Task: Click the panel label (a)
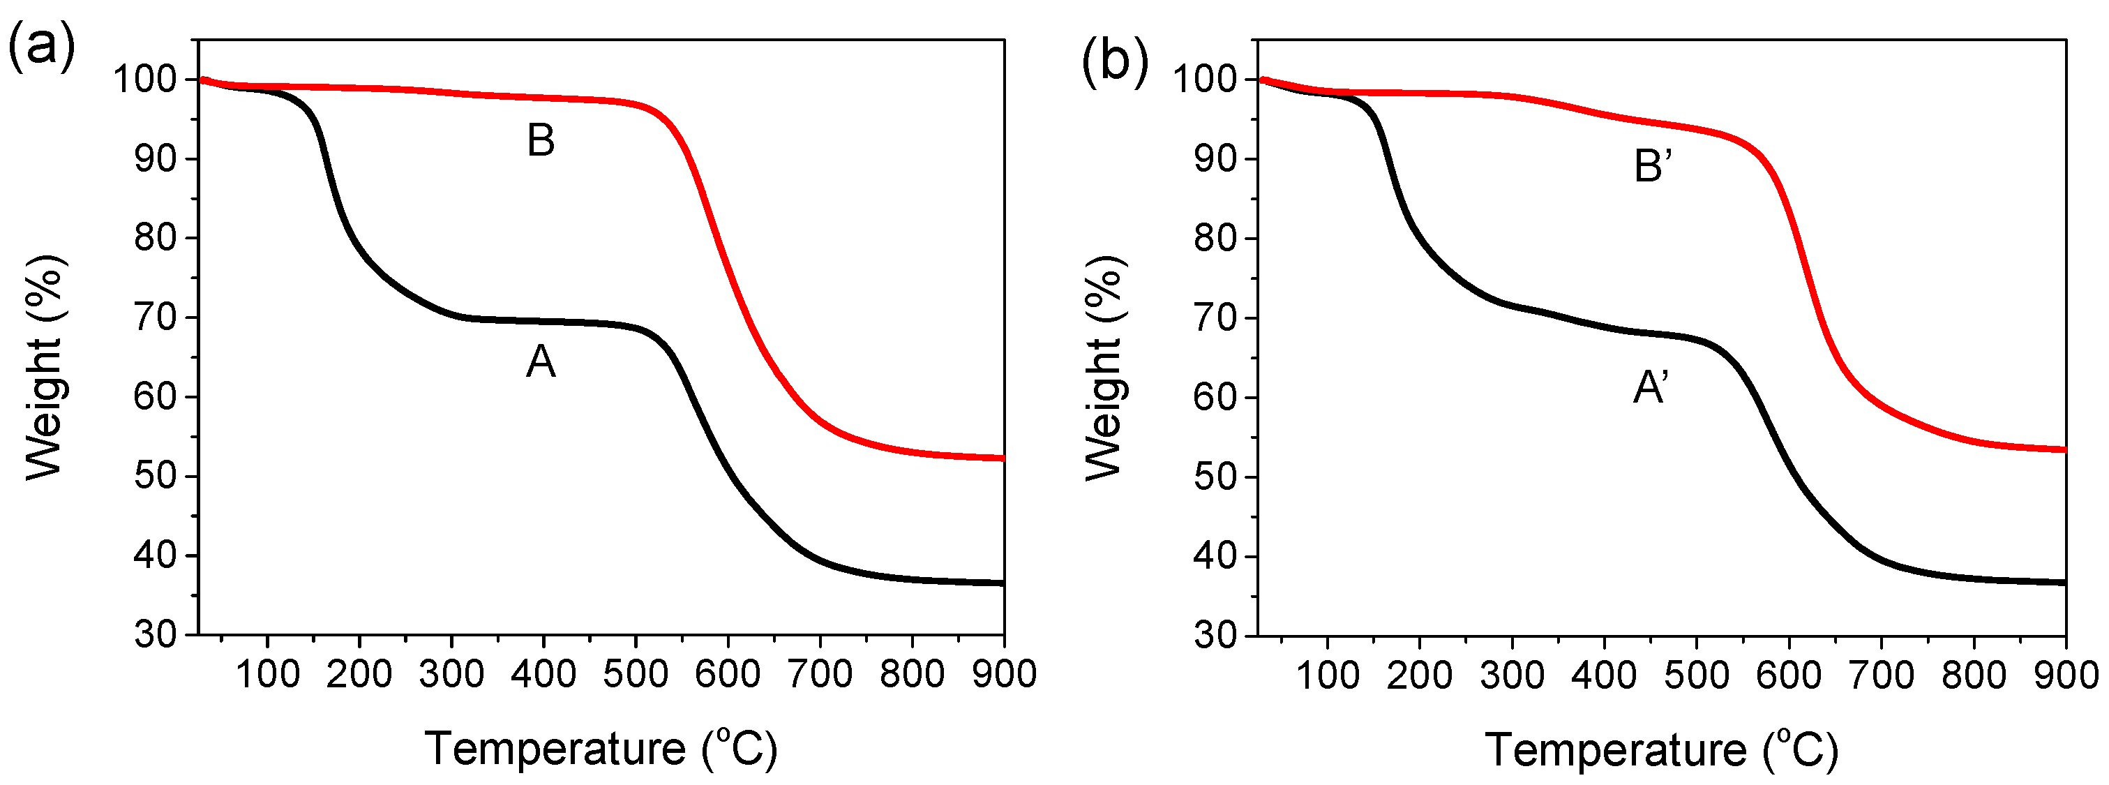41,47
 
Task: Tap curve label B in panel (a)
541,141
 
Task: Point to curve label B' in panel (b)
1652,167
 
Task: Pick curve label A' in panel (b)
1651,388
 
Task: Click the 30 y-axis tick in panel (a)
156,634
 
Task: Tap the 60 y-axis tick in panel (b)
1216,398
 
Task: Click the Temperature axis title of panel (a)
600,748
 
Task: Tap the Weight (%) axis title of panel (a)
46,367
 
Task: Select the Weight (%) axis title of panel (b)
1105,367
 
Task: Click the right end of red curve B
1002,458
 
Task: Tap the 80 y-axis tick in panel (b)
1216,239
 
